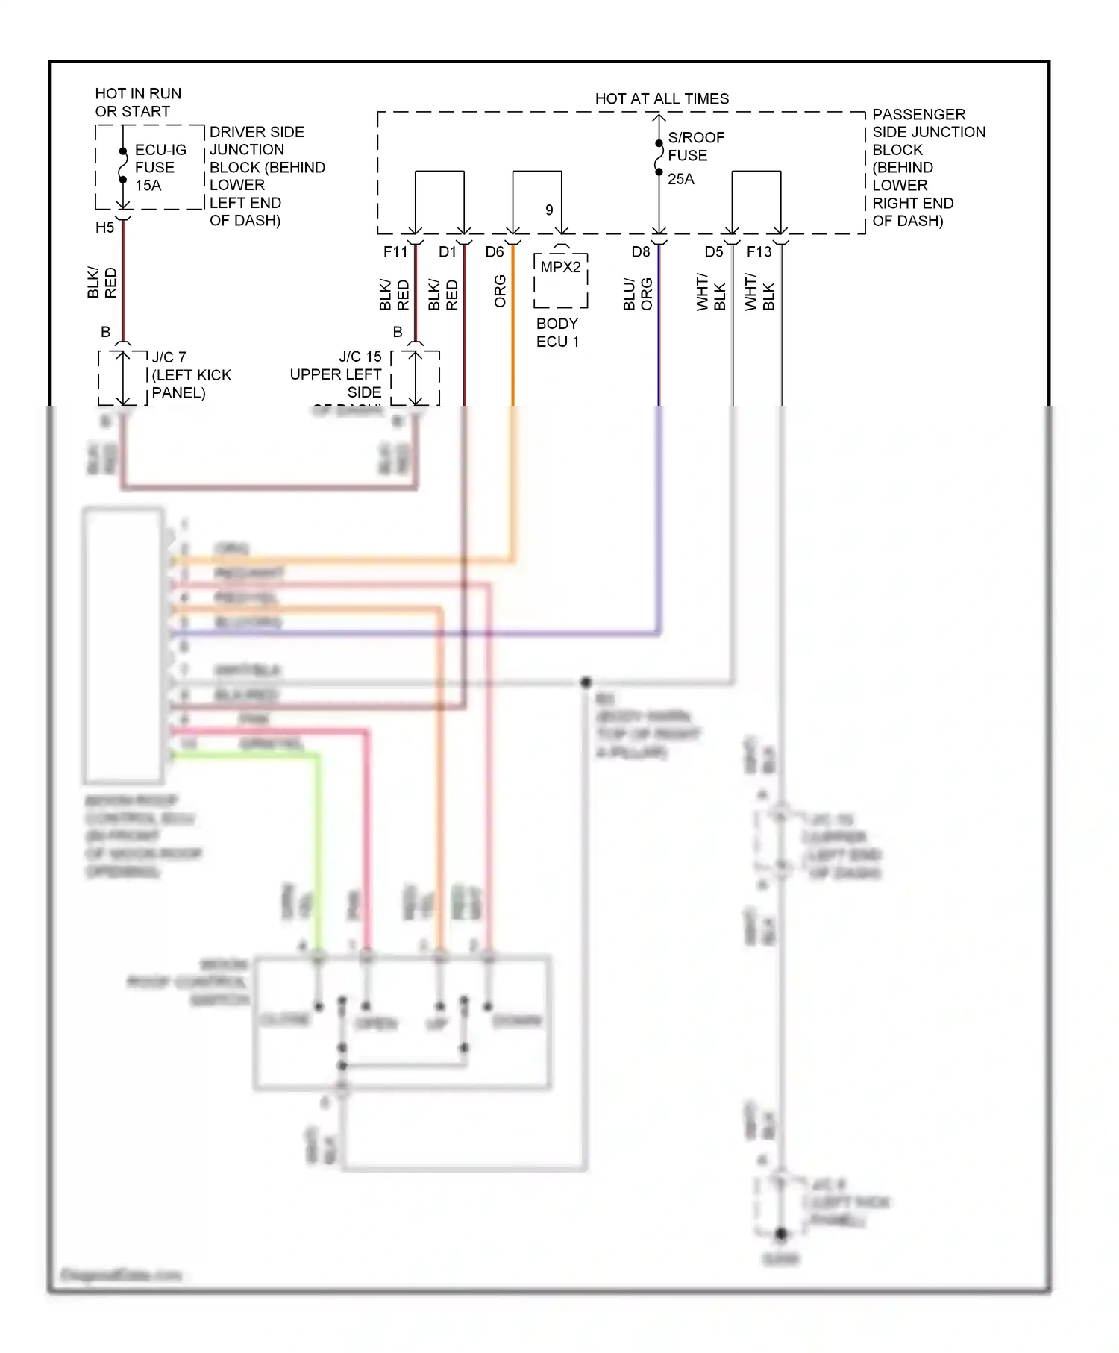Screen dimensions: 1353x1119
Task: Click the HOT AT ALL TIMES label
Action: click(662, 98)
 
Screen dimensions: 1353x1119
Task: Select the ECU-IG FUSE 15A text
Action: click(160, 168)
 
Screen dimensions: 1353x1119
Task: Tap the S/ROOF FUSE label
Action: click(695, 146)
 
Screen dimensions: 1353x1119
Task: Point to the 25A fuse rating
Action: click(680, 179)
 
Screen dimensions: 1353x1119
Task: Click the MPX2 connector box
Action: click(561, 280)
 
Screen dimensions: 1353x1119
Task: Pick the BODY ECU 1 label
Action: click(557, 333)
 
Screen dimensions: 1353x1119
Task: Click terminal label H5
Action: click(104, 227)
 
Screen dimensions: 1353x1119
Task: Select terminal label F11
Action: click(395, 252)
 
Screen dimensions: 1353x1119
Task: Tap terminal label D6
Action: click(495, 252)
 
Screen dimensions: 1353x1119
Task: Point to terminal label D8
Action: click(641, 252)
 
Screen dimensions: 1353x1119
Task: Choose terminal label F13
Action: click(759, 252)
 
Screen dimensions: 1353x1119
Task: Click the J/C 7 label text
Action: click(169, 357)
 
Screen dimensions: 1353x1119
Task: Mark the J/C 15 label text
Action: click(360, 357)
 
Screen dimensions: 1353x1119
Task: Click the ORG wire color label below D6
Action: click(500, 291)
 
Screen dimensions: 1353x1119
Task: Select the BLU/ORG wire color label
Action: click(638, 294)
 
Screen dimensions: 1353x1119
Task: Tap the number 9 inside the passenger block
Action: click(549, 210)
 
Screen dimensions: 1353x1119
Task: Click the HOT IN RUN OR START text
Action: click(138, 102)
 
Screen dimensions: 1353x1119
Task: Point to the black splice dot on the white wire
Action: click(586, 682)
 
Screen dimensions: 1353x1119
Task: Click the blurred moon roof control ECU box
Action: click(124, 645)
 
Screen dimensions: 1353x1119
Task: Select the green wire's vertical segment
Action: click(319, 850)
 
